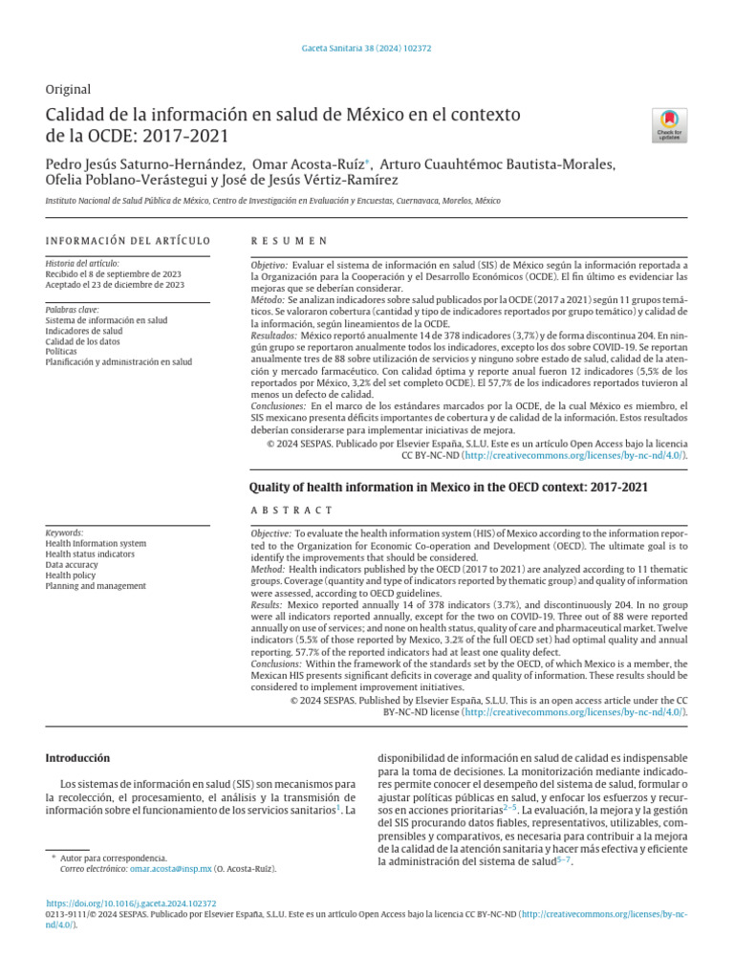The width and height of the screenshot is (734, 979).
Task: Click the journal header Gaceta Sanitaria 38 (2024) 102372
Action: (x=367, y=48)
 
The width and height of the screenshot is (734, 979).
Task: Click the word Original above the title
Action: (x=69, y=89)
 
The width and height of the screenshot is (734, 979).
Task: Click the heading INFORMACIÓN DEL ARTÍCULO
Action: (x=128, y=241)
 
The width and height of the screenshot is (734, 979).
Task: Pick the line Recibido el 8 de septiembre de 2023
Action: (x=115, y=273)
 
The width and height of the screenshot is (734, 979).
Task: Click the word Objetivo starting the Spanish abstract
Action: (x=269, y=264)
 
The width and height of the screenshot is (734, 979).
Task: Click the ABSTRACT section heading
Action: (x=291, y=511)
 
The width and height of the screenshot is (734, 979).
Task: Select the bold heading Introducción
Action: (x=78, y=758)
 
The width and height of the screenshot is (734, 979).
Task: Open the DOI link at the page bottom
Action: (x=131, y=903)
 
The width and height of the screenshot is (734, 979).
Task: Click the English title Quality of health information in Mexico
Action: (x=448, y=487)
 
